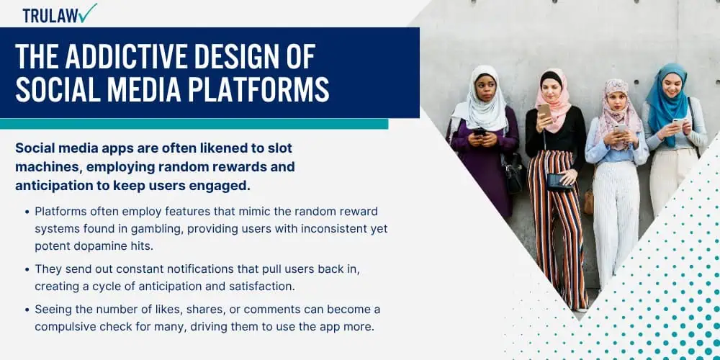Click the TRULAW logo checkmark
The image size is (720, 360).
pos(87,13)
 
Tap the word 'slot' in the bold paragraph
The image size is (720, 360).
pos(280,148)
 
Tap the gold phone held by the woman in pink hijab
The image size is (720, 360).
pos(544,111)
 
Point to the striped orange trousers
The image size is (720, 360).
pos(557,225)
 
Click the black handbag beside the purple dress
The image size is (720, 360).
pos(513,172)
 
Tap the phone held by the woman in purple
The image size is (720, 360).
pos(479,132)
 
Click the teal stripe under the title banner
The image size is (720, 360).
pos(194,124)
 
